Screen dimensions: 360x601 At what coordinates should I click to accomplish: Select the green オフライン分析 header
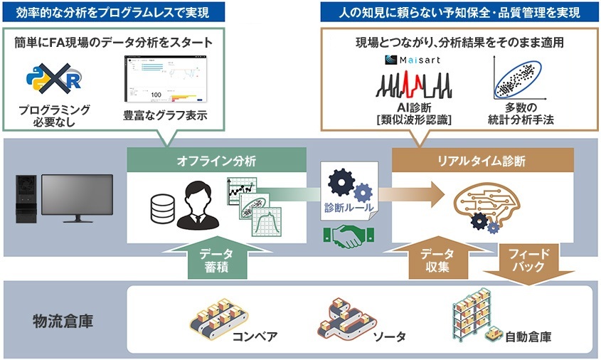click(x=216, y=162)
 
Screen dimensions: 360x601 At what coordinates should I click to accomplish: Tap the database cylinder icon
click(x=161, y=206)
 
